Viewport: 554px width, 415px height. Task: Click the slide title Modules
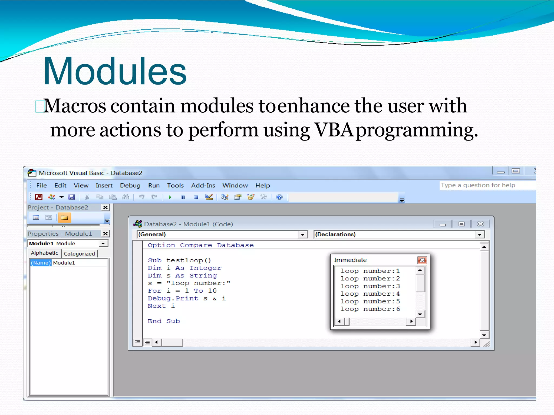pos(115,71)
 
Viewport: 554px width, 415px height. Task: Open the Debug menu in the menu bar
pos(130,186)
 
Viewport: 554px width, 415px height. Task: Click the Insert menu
pos(104,186)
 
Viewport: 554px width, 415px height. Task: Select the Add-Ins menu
pos(203,186)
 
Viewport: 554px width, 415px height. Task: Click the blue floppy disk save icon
pos(71,197)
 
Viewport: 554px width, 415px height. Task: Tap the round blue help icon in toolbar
pos(279,197)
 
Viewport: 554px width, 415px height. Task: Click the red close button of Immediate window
pos(422,260)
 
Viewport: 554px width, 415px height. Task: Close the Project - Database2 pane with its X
pos(105,207)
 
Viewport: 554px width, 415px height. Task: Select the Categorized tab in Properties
pos(79,254)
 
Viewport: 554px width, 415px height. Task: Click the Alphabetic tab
pos(44,253)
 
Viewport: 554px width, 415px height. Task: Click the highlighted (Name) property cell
pos(41,263)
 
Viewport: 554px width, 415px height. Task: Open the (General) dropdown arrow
pos(303,235)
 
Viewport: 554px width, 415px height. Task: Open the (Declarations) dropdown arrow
pos(479,235)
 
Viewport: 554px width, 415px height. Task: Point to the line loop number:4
pos(370,294)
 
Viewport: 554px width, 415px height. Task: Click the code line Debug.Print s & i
pos(186,298)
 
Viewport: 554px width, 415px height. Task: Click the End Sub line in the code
pos(163,321)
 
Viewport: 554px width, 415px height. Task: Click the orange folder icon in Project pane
pos(64,217)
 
